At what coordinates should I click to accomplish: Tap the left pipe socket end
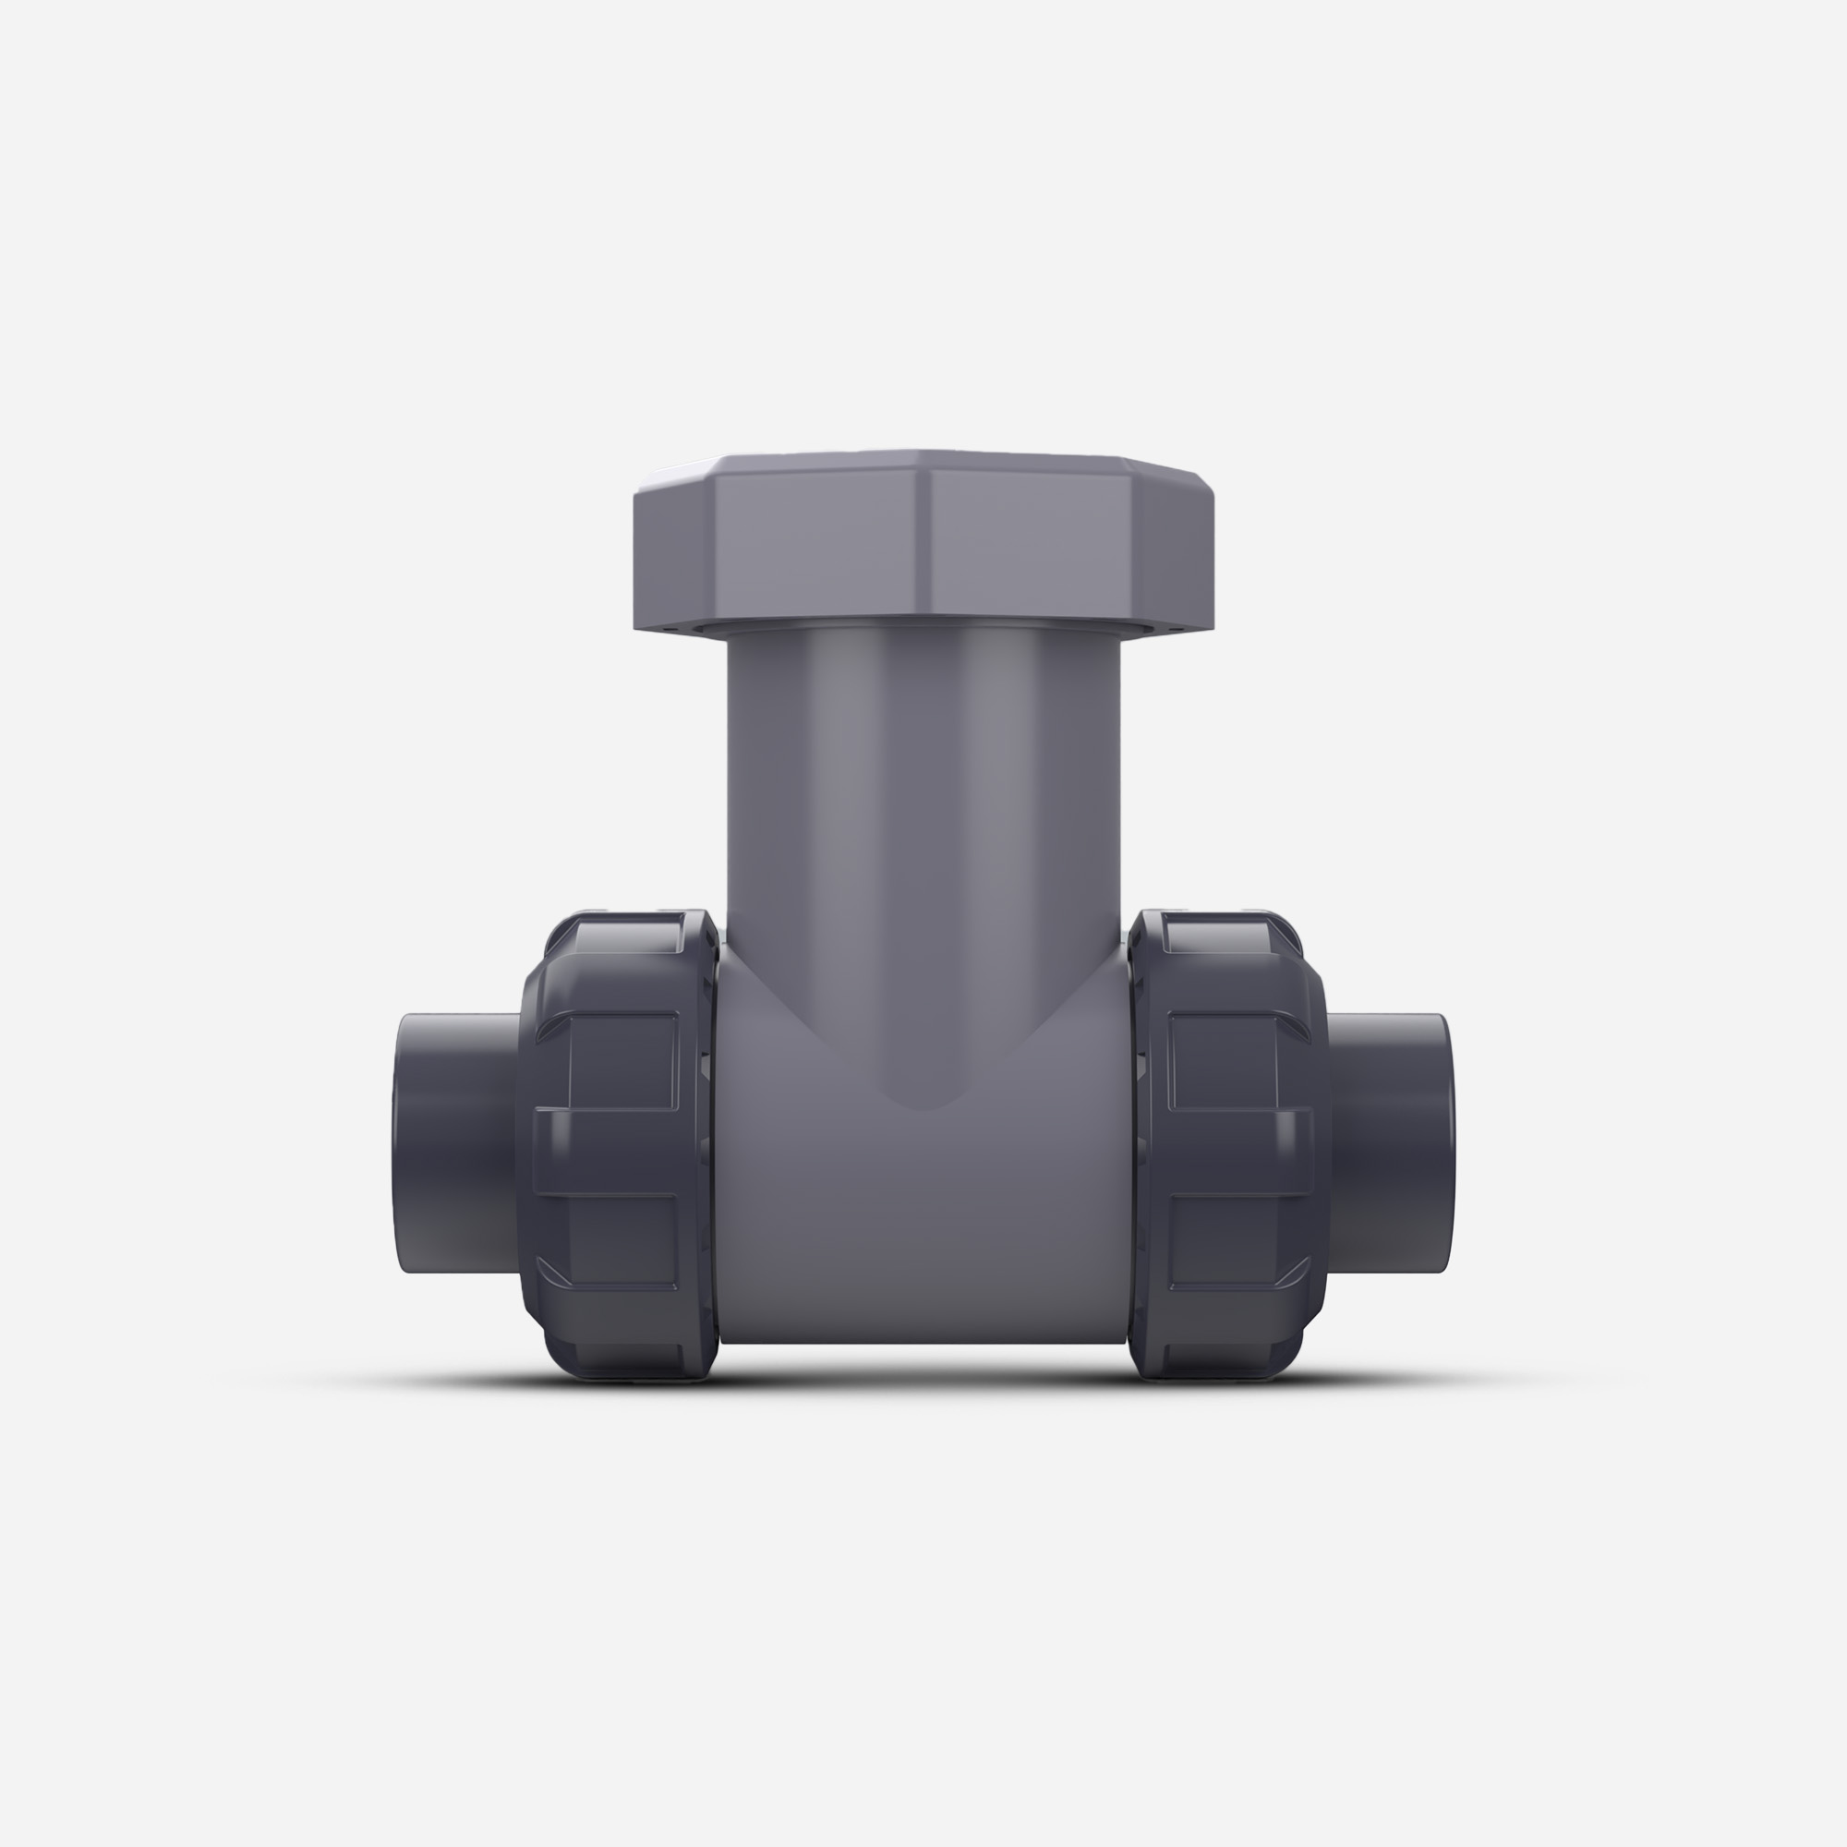(x=450, y=1143)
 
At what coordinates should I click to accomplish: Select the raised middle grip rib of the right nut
(x=1238, y=1152)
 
